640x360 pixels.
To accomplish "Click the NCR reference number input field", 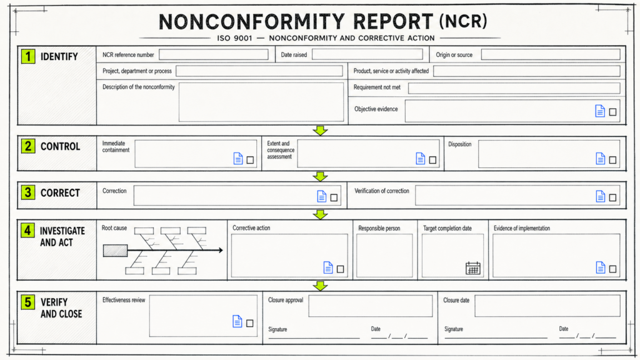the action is point(214,55).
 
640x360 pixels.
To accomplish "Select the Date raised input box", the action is point(367,55).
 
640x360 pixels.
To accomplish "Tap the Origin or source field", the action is point(551,55).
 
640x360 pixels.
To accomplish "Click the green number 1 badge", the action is point(28,56).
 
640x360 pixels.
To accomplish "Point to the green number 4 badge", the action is point(27,231).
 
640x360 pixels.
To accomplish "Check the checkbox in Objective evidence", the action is point(612,112).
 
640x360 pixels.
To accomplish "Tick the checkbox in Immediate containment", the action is point(250,160).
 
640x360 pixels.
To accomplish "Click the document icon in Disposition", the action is point(601,158).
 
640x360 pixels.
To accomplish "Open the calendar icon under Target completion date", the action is point(473,268).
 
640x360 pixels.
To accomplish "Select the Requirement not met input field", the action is point(514,88).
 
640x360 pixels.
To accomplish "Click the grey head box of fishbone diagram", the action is point(115,251).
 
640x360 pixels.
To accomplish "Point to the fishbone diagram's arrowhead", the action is point(221,250).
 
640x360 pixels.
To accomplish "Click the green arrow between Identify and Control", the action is point(321,131).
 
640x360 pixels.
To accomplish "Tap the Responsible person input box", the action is point(384,256).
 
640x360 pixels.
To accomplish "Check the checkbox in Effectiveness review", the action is point(250,323).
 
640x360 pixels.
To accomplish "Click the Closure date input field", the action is point(547,306).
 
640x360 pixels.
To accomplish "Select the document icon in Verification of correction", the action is point(601,196).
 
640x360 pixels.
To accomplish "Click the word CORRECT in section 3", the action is point(60,193).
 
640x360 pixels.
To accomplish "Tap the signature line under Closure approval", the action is point(314,338).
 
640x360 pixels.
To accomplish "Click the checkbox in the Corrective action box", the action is point(341,269).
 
